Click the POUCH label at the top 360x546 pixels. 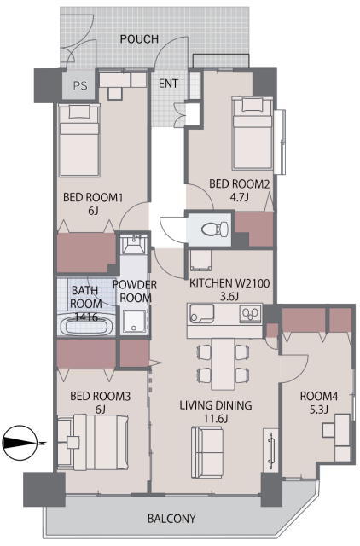click(x=139, y=38)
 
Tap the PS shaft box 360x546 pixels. click(x=79, y=85)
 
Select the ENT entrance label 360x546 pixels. click(x=168, y=84)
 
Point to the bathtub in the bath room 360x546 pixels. click(x=87, y=326)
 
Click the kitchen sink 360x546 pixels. click(x=201, y=314)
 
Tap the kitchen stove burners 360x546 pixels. click(x=251, y=313)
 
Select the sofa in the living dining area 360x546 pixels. click(x=206, y=452)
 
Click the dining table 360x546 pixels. click(x=224, y=364)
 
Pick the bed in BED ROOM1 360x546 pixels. click(x=79, y=140)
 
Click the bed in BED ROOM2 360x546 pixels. click(x=253, y=134)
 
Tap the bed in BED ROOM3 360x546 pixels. click(x=93, y=442)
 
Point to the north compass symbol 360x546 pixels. click(x=20, y=444)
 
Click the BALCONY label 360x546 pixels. click(x=171, y=519)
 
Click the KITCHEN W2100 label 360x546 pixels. click(x=229, y=283)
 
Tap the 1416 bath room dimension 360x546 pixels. click(x=86, y=317)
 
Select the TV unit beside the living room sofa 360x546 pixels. click(x=270, y=450)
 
